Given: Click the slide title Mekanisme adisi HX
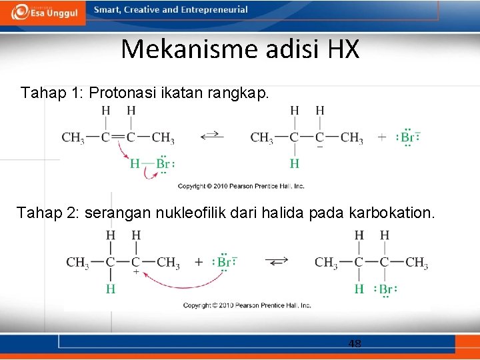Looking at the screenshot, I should click(240, 49).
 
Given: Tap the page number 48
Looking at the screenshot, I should click(355, 344).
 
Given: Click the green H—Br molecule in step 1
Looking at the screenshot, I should click(151, 164).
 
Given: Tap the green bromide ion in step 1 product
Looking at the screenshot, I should click(407, 138).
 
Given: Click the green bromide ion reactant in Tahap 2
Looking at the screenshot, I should click(225, 262).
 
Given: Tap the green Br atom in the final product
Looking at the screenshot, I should click(385, 289).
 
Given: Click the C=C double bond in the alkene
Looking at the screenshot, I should click(118, 138).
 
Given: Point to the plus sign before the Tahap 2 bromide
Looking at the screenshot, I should click(199, 262).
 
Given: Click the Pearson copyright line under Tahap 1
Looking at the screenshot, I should click(241, 186).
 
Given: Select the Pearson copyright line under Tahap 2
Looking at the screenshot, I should click(247, 305).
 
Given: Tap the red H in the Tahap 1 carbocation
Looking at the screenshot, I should click(294, 163).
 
